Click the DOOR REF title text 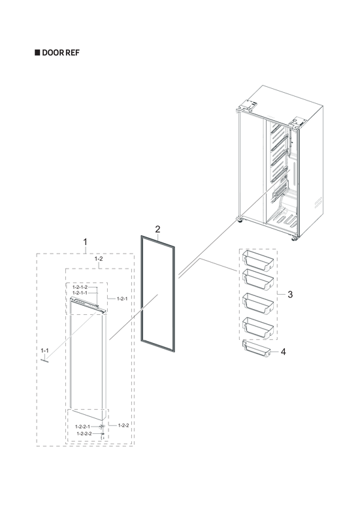61,52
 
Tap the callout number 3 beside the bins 289,295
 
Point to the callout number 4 283,352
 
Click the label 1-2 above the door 99,259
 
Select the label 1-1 45,351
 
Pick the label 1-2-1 122,299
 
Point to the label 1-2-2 123,425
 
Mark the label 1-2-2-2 84,433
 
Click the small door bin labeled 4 255,351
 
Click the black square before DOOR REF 37,52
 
